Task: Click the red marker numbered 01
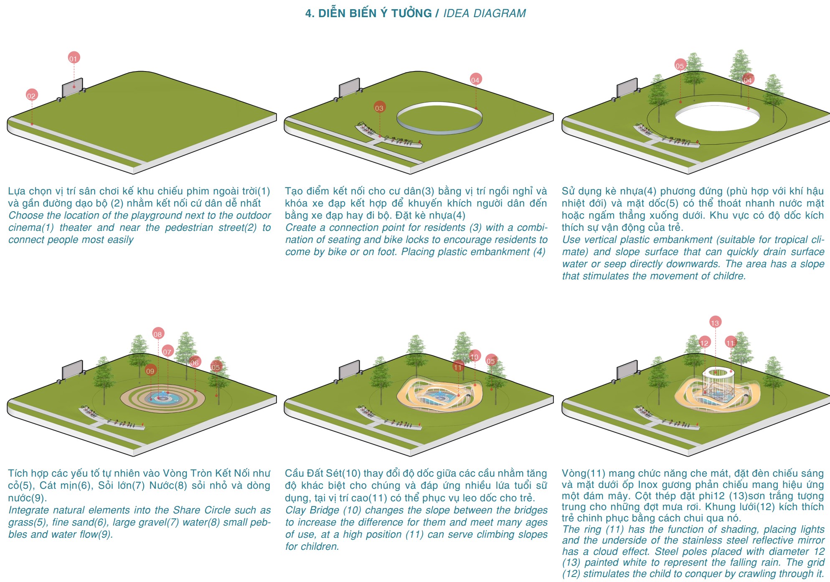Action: pyautogui.click(x=74, y=58)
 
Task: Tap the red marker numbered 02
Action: pyautogui.click(x=31, y=95)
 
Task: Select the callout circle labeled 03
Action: pyautogui.click(x=379, y=107)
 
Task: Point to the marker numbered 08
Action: pyautogui.click(x=158, y=334)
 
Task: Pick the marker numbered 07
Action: pyautogui.click(x=168, y=351)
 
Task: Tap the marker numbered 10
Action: pyautogui.click(x=475, y=356)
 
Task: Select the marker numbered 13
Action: pyautogui.click(x=715, y=322)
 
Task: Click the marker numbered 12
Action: pyautogui.click(x=705, y=342)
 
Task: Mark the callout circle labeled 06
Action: pyautogui.click(x=195, y=362)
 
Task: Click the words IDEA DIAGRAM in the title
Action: pyautogui.click(x=485, y=13)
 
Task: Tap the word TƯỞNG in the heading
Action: pyautogui.click(x=411, y=13)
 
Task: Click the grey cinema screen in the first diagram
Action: pyautogui.click(x=72, y=87)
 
